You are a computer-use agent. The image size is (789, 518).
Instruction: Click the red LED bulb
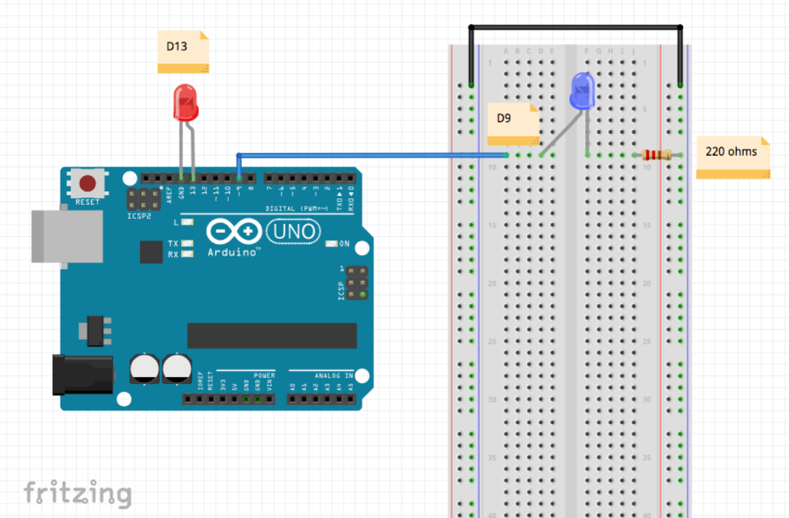[x=186, y=102]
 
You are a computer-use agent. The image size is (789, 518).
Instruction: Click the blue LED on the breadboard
[x=582, y=91]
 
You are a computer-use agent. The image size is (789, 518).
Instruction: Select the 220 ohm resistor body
[x=657, y=155]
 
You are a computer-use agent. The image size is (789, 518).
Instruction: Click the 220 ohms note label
[x=732, y=156]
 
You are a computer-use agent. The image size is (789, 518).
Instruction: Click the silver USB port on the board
[x=67, y=236]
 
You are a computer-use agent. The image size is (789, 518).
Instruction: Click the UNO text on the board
[x=294, y=232]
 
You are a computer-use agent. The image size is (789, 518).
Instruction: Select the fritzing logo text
[x=77, y=494]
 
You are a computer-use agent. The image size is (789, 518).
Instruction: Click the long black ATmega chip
[x=272, y=335]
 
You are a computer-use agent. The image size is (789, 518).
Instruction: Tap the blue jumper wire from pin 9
[x=369, y=155]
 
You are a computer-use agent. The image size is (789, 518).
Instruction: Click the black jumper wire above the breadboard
[x=574, y=27]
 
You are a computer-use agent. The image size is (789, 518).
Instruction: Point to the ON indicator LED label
[x=344, y=244]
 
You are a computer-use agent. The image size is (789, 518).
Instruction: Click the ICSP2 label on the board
[x=139, y=216]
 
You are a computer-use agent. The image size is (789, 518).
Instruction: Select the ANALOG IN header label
[x=334, y=376]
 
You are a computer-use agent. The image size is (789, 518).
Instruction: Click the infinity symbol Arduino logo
[x=234, y=231]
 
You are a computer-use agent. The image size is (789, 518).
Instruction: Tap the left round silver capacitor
[x=144, y=368]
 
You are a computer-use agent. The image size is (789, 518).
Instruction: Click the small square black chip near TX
[x=151, y=252]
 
